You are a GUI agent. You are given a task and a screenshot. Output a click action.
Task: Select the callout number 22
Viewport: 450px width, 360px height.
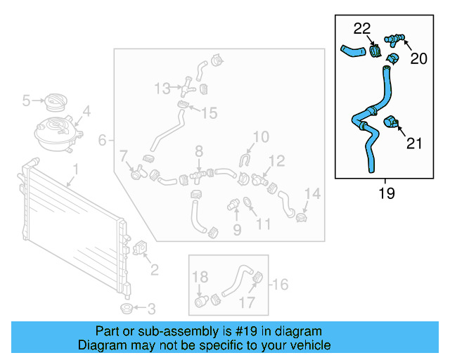pos(361,29)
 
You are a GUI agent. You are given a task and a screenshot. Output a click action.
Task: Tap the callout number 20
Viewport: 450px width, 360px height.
pos(418,59)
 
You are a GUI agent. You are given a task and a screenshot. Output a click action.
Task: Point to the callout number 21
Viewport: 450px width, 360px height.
pos(415,143)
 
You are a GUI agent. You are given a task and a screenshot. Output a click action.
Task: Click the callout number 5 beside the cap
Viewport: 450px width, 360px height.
pos(27,101)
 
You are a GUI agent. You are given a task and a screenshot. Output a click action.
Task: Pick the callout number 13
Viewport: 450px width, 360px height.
pos(162,89)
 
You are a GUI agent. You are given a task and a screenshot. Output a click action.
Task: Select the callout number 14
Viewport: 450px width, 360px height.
pos(312,193)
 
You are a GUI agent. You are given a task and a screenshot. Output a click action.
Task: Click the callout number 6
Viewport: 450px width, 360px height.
pos(103,141)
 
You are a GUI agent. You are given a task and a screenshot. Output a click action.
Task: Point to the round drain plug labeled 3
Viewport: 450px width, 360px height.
pos(127,309)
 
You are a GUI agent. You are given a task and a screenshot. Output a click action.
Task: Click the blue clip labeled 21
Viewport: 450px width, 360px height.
pos(392,124)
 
